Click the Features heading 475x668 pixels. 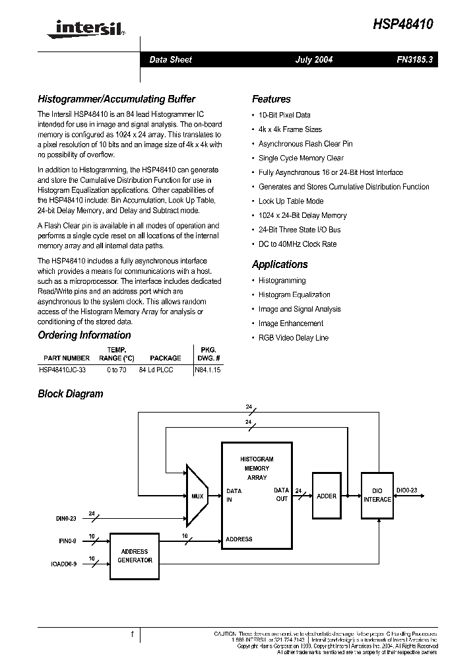[x=271, y=99]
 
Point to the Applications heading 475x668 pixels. [x=280, y=264]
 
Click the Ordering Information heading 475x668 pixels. [x=84, y=335]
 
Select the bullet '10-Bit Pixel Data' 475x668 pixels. [x=284, y=115]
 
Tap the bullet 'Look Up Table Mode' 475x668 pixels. [x=291, y=201]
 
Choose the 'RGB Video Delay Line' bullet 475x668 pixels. [x=294, y=337]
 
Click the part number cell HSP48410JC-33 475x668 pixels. [x=62, y=370]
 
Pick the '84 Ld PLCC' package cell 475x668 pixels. [x=156, y=370]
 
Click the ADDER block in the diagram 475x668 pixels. [x=327, y=496]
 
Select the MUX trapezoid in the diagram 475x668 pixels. [x=197, y=496]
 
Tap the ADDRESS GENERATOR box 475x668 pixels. [x=135, y=556]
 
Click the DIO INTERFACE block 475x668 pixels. [x=377, y=495]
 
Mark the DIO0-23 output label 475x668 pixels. [x=406, y=490]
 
